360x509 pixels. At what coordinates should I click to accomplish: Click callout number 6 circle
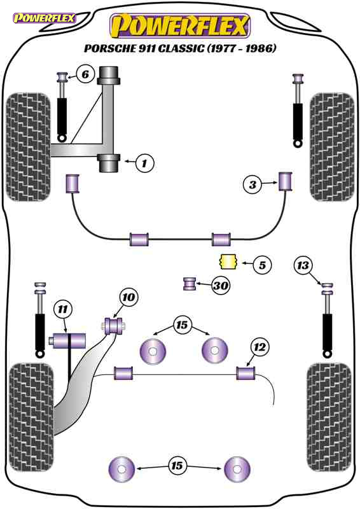click(x=85, y=74)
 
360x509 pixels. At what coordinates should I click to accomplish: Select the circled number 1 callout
click(x=144, y=163)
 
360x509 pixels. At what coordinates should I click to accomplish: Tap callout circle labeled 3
click(x=253, y=185)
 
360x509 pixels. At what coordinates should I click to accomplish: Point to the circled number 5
click(x=262, y=265)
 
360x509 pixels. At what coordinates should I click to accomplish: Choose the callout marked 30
click(x=221, y=286)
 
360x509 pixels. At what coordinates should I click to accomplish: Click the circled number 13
click(x=303, y=266)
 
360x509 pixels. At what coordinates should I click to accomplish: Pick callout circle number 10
click(x=128, y=297)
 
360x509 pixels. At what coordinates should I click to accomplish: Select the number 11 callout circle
click(x=63, y=309)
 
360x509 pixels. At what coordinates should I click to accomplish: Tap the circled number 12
click(x=260, y=347)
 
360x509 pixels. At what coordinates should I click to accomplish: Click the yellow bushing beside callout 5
click(x=228, y=261)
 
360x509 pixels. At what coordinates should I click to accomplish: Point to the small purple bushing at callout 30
click(x=190, y=284)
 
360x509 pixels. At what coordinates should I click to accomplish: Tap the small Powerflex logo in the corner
click(x=44, y=18)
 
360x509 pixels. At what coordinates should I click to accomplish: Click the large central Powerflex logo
click(x=180, y=25)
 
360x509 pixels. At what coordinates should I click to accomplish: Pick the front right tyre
click(x=332, y=147)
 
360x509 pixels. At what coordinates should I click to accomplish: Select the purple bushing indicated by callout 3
click(x=286, y=181)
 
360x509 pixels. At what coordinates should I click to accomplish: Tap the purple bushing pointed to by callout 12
click(x=246, y=373)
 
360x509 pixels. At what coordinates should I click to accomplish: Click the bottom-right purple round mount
click(x=237, y=470)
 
